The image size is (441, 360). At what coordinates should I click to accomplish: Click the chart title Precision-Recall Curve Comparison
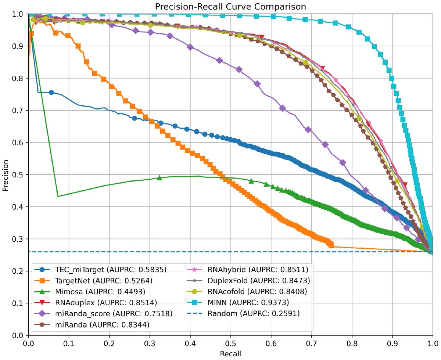coord(230,6)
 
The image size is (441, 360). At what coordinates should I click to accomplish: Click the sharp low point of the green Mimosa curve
coord(58,196)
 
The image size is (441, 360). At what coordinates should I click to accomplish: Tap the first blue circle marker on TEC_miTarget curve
coord(51,93)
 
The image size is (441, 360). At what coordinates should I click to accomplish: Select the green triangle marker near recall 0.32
coord(159,177)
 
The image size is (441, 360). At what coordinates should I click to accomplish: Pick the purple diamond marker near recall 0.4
coord(190,47)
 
